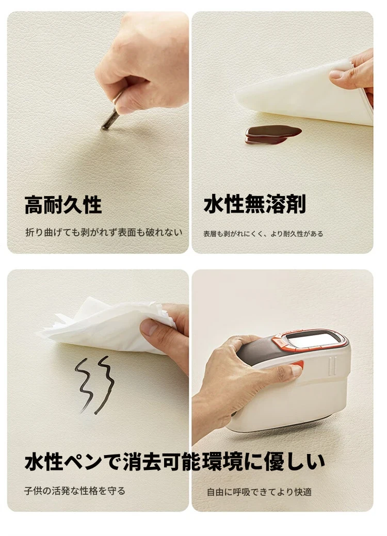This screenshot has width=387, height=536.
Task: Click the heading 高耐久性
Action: [x=63, y=205]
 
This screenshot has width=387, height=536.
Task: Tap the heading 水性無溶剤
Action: [x=255, y=204]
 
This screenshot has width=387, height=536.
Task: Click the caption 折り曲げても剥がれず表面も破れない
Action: [x=104, y=233]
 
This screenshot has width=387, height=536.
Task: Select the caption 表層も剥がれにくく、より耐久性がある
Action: [x=263, y=234]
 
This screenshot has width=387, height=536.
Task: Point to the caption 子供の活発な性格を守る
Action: [x=75, y=491]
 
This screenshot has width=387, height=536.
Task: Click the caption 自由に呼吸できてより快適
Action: [x=259, y=492]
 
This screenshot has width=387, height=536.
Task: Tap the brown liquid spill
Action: [x=273, y=134]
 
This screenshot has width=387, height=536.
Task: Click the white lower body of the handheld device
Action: [x=291, y=400]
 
